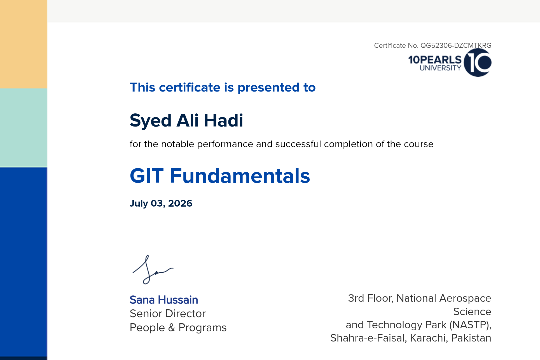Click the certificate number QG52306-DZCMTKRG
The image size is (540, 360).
(456, 46)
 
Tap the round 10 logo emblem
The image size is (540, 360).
(478, 62)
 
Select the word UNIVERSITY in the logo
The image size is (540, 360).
(440, 68)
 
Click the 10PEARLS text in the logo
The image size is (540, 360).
(435, 60)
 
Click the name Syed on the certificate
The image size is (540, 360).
(151, 121)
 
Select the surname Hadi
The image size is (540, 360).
(223, 120)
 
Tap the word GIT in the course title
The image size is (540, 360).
(147, 176)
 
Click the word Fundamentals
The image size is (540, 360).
(240, 176)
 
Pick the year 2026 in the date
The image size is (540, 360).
(180, 203)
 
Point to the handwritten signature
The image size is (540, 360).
(153, 269)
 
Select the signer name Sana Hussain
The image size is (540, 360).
(164, 300)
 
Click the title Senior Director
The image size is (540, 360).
(168, 314)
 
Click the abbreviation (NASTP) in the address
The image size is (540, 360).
(470, 325)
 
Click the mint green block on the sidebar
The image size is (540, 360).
(24, 128)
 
